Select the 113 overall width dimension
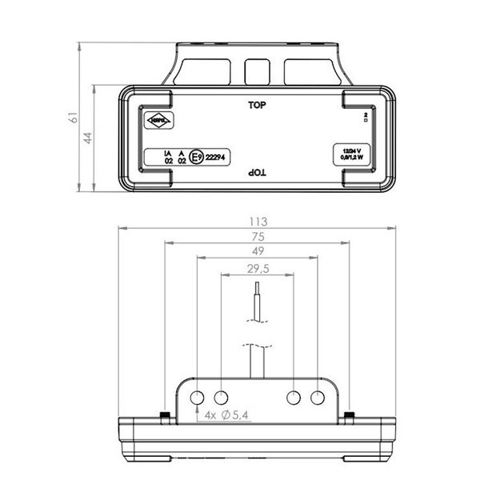(257, 222)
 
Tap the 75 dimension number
(257, 237)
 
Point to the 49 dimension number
(257, 252)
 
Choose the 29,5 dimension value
(257, 268)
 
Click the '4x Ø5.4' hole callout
(227, 416)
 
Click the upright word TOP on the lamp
(257, 105)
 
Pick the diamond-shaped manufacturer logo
(153, 122)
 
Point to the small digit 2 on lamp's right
(365, 116)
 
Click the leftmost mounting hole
(197, 397)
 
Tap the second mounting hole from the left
(221, 397)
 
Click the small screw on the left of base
(163, 414)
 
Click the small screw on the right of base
(350, 414)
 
